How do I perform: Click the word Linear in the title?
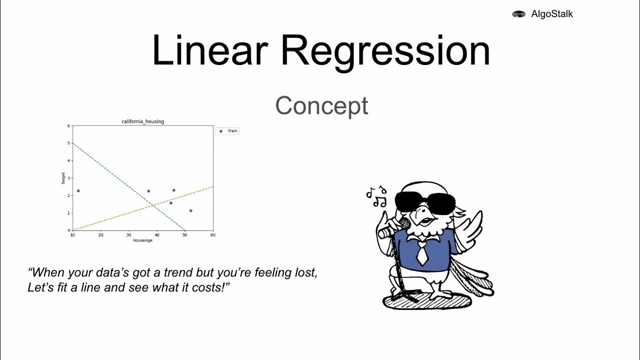[209, 50]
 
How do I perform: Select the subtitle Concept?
[321, 106]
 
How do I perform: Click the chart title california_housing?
[142, 121]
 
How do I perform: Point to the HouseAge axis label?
[142, 240]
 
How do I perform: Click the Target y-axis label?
[63, 178]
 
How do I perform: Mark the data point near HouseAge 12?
[78, 191]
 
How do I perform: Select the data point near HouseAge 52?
[190, 211]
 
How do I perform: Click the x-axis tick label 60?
[213, 235]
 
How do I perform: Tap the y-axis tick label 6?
[68, 125]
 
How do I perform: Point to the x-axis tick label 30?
[129, 235]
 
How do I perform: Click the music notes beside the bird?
[376, 197]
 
